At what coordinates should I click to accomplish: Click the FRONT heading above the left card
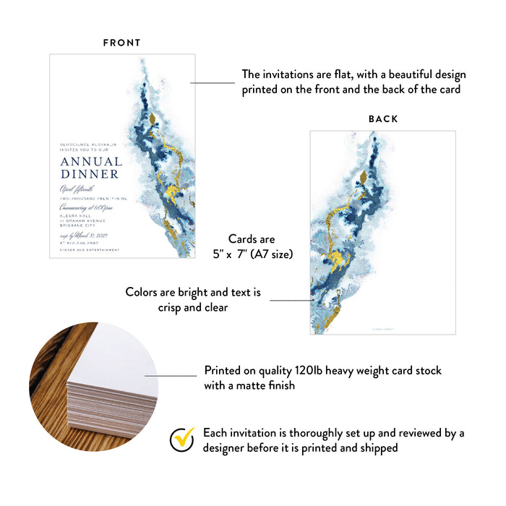coord(121,43)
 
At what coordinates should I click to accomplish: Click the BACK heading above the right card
coord(383,119)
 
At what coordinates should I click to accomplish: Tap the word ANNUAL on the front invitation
coord(90,161)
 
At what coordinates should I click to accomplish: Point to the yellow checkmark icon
coord(181,439)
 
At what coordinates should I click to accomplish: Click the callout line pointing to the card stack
coord(171,375)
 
